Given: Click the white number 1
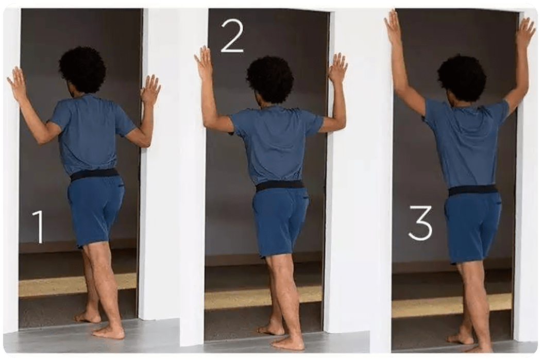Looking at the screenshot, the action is pos(39,227).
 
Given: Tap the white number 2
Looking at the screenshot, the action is pos(232,36).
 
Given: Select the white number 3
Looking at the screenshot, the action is pos(420,222).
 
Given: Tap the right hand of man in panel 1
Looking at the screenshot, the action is pos(150,90).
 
